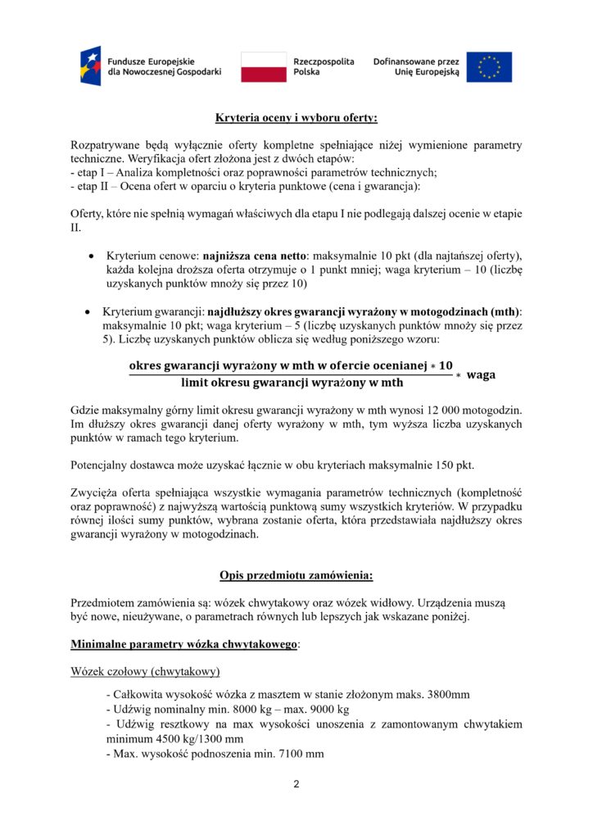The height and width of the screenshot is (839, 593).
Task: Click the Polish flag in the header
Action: pos(264,66)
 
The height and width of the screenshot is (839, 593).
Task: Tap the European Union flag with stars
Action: pos(489,66)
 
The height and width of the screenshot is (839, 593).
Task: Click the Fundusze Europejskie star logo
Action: pos(91,66)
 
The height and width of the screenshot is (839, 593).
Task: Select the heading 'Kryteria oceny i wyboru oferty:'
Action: pos(296,118)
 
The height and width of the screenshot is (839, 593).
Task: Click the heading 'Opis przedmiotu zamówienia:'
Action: pos(296,575)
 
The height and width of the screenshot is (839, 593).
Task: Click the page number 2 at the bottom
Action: pos(296,784)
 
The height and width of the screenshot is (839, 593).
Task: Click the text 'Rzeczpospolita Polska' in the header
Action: pos(324,66)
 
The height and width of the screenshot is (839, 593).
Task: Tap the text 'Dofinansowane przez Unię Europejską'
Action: pos(416,66)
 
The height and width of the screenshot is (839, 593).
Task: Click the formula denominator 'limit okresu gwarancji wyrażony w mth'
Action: pos(292,382)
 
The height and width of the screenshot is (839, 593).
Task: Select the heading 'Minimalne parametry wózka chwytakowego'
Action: pos(184,644)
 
